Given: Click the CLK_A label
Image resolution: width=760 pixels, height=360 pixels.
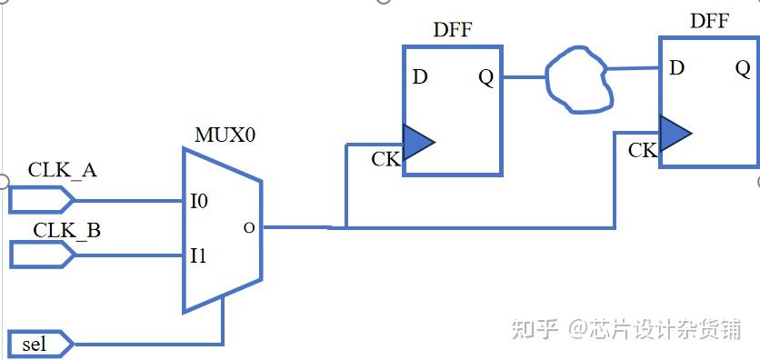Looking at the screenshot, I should pyautogui.click(x=63, y=170).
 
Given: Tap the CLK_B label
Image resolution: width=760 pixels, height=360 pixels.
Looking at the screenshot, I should pyautogui.click(x=67, y=230).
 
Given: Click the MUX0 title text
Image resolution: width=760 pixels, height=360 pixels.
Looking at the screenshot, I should pyautogui.click(x=225, y=135).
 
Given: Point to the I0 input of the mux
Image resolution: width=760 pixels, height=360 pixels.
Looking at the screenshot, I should pyautogui.click(x=199, y=201).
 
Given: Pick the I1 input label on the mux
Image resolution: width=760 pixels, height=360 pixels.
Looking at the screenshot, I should pyautogui.click(x=198, y=256).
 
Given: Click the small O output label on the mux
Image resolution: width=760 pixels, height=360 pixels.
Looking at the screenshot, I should pyautogui.click(x=249, y=227).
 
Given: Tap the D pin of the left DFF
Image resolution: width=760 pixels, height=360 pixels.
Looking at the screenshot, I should pyautogui.click(x=419, y=76).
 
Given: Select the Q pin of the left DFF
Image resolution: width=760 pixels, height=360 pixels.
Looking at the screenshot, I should pyautogui.click(x=486, y=77).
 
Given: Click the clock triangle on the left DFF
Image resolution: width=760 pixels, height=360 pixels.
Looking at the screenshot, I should pyautogui.click(x=416, y=142).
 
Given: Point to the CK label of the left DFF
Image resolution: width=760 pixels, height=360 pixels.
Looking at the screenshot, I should pyautogui.click(x=385, y=160).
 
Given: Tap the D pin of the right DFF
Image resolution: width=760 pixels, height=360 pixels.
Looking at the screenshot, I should pyautogui.click(x=676, y=68).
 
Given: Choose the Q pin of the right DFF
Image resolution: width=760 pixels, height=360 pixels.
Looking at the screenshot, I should pyautogui.click(x=743, y=68).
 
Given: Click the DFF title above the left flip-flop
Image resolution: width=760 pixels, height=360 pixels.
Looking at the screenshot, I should pyautogui.click(x=452, y=30).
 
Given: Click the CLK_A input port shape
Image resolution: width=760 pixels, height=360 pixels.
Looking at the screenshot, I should pyautogui.click(x=40, y=199).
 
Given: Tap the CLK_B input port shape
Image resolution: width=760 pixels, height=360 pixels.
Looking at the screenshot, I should pyautogui.click(x=42, y=255).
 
